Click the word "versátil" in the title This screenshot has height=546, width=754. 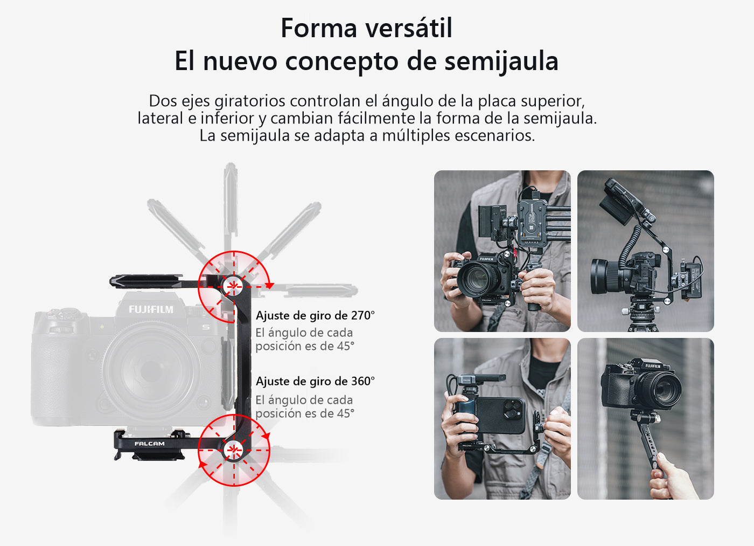click(409, 28)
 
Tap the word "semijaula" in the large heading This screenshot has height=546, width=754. click(501, 62)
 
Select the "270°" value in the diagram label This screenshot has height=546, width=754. click(363, 316)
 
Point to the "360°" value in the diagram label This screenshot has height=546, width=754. click(363, 381)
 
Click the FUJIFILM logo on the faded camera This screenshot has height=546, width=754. click(151, 309)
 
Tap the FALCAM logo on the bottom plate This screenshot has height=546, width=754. click(150, 444)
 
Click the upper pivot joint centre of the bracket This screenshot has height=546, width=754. click(233, 286)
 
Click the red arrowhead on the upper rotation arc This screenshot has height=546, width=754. click(269, 286)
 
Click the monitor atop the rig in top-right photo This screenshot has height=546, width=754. click(623, 199)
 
